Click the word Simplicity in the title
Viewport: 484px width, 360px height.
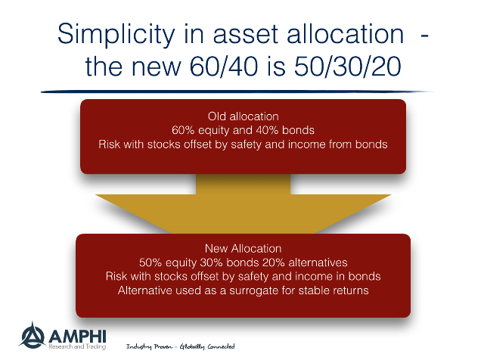pyautogui.click(x=116, y=35)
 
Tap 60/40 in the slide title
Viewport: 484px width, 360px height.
pyautogui.click(x=223, y=67)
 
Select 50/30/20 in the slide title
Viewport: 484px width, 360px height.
pyautogui.click(x=348, y=67)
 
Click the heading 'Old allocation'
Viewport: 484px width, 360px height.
pyautogui.click(x=244, y=116)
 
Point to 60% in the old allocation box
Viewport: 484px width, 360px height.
pyautogui.click(x=183, y=130)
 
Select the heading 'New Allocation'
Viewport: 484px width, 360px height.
pyautogui.click(x=244, y=249)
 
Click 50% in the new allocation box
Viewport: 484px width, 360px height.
pyautogui.click(x=150, y=262)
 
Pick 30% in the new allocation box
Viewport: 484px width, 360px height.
pyautogui.click(x=212, y=262)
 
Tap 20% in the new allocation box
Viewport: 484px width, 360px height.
pyautogui.click(x=274, y=262)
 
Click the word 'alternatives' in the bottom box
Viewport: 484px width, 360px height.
pyautogui.click(x=318, y=262)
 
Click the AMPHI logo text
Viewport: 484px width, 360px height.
pyautogui.click(x=77, y=337)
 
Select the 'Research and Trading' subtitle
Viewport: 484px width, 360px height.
pyautogui.click(x=77, y=346)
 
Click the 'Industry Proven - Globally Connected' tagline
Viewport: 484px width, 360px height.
pyautogui.click(x=181, y=346)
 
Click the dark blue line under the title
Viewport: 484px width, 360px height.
pyautogui.click(x=237, y=92)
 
